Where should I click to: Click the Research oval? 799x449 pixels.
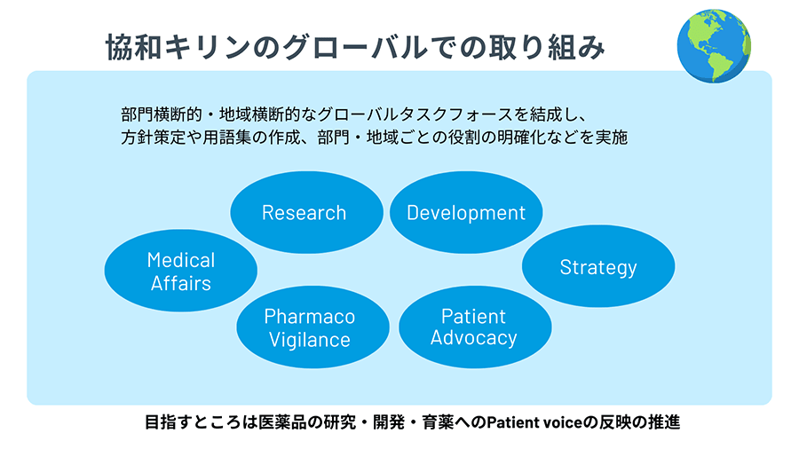coord(307,212)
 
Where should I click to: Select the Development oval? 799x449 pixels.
coord(466,212)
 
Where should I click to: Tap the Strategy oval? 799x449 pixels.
coord(598,266)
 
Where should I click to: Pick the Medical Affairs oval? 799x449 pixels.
coord(181,271)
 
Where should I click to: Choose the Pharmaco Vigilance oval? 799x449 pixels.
coord(312,327)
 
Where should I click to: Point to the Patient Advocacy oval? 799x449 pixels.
coord(475,327)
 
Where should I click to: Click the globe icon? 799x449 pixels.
coord(714,46)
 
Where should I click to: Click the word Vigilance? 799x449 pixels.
coord(310,340)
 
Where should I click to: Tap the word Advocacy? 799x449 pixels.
coord(474,338)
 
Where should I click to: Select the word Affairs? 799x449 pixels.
coord(181,283)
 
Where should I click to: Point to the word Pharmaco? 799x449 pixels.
coord(310,317)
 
